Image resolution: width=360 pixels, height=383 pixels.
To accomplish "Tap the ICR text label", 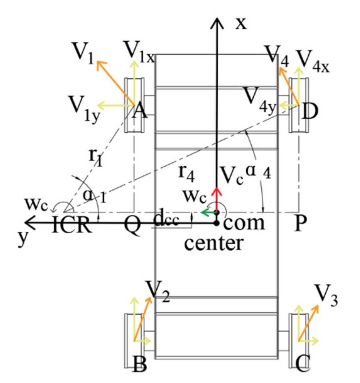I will (72, 225).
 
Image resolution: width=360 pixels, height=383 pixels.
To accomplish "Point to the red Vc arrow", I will (217, 199).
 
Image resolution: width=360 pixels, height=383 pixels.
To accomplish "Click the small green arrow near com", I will (208, 212).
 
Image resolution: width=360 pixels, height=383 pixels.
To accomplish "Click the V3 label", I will (326, 295).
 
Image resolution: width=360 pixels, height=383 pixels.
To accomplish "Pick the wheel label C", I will (303, 364).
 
